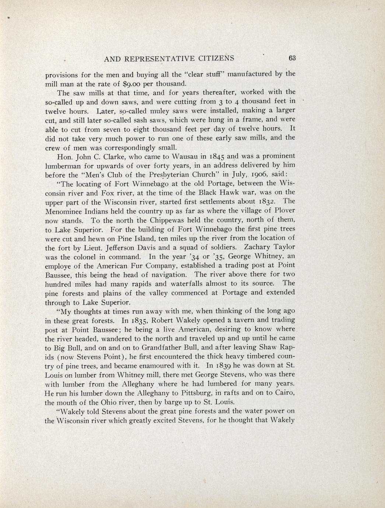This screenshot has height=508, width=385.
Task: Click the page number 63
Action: click(x=293, y=58)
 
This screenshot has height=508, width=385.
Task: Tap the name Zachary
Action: click(x=252, y=247)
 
